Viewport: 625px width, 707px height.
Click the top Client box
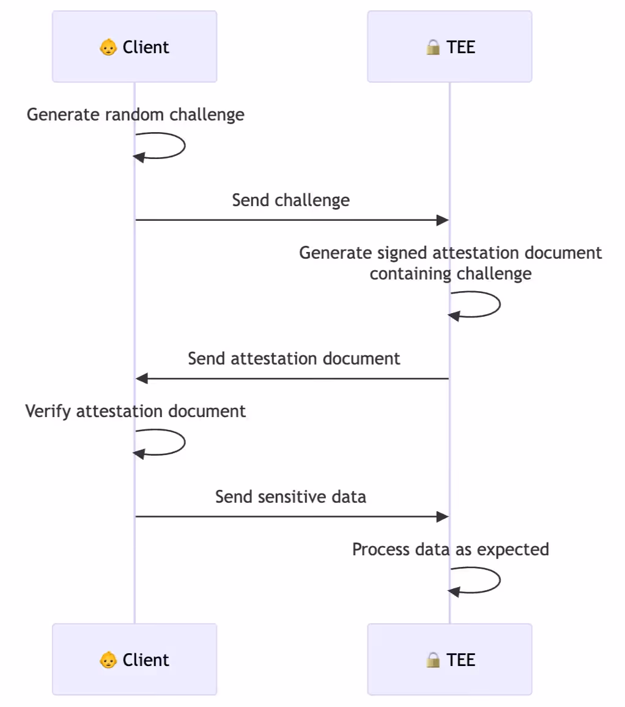135,46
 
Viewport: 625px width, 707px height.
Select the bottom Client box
135,659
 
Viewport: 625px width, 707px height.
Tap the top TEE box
449,46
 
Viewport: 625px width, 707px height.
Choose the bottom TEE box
449,659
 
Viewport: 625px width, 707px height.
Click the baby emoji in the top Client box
108,47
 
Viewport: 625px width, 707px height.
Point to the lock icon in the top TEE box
433,47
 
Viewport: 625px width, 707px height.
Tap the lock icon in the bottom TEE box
433,660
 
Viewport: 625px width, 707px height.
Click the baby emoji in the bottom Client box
108,660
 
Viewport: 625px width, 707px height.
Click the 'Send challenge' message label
291,200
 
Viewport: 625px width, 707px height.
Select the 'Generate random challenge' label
135,114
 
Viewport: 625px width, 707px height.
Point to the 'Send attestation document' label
294,358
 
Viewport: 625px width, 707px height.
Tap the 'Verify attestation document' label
135,411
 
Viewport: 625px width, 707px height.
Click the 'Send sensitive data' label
290,497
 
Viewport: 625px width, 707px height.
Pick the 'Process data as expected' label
451,549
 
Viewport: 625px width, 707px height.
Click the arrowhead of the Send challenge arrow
442,220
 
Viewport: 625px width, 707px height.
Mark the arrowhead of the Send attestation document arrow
142,379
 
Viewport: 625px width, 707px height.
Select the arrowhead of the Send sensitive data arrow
442,517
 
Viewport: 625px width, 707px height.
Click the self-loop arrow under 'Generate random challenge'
185,146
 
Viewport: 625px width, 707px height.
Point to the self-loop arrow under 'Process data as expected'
500,580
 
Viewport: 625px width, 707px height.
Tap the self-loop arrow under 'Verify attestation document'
185,442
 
